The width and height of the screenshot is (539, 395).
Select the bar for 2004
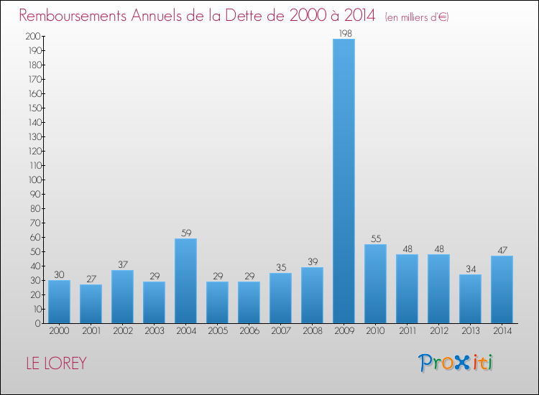[x=185, y=281]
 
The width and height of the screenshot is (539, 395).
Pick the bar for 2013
[x=470, y=299]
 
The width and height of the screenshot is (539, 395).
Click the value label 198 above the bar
[x=344, y=33]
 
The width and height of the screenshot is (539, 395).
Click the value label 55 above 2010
[x=375, y=238]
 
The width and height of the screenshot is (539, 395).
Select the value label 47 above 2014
[x=502, y=250]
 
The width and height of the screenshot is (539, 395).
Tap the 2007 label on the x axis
[x=280, y=331]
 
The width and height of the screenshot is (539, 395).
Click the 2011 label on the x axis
[x=407, y=331]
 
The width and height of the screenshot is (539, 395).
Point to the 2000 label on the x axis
[x=59, y=331]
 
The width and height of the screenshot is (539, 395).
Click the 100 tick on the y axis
[x=32, y=180]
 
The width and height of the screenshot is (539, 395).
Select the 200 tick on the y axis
[x=32, y=36]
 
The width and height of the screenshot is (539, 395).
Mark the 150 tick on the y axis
[x=32, y=108]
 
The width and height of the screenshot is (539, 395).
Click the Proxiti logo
[x=456, y=363]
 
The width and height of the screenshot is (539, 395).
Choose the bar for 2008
[x=312, y=295]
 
